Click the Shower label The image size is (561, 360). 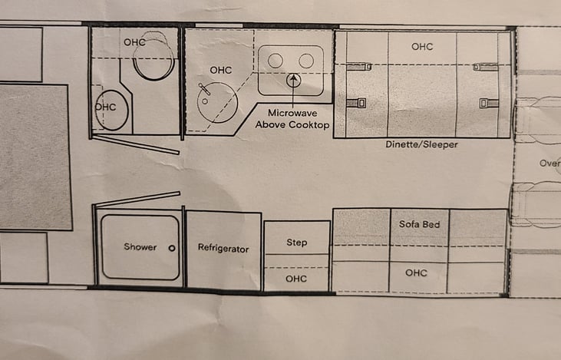(140, 247)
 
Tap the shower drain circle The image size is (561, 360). (172, 248)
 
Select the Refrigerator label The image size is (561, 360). (223, 249)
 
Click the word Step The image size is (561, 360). (296, 243)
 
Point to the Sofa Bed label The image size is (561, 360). (419, 224)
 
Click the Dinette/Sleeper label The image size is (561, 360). (422, 144)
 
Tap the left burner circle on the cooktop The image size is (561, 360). (276, 61)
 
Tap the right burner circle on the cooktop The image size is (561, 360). (306, 61)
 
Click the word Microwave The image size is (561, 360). (292, 113)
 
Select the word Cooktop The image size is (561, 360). (309, 125)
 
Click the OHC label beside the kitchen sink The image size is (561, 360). (221, 70)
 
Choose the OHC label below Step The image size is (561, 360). (296, 279)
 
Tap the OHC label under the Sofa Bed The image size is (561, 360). (416, 273)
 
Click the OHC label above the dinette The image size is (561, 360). (422, 47)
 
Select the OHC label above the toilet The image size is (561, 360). (134, 42)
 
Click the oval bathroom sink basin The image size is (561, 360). (111, 110)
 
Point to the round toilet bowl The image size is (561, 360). (153, 59)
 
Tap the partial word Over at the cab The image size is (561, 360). (550, 163)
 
